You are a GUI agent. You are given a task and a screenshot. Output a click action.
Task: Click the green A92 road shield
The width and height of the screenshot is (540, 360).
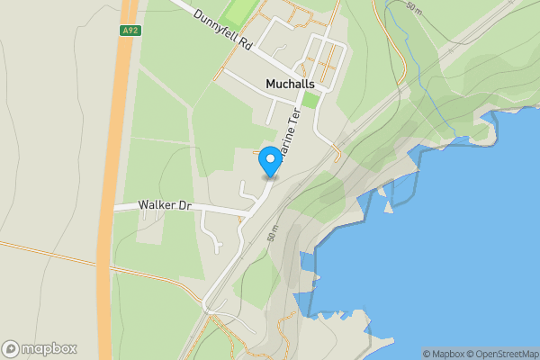(x=129, y=31)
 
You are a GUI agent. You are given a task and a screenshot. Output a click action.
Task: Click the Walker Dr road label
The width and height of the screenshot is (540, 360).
(x=166, y=206)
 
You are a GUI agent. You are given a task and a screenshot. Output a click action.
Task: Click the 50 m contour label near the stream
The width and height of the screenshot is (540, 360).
(x=413, y=8)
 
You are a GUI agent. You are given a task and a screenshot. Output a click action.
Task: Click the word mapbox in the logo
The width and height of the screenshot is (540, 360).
(x=49, y=349)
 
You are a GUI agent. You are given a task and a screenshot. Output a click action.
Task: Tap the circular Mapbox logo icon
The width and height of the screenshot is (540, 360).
(x=11, y=349)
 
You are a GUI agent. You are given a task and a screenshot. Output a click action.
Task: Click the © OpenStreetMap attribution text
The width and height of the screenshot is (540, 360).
(x=499, y=354)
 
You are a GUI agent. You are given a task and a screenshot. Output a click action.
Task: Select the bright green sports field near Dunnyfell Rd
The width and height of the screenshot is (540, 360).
(x=241, y=10)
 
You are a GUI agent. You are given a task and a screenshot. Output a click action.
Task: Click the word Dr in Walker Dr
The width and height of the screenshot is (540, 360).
(x=185, y=206)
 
